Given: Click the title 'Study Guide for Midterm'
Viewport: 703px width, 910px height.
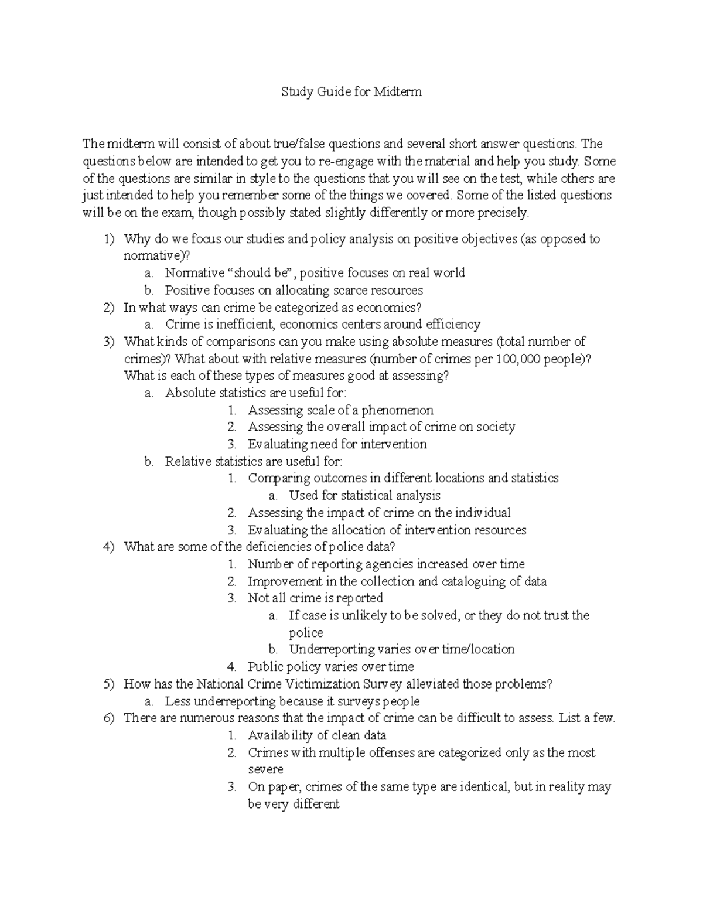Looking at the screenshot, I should pyautogui.click(x=351, y=92).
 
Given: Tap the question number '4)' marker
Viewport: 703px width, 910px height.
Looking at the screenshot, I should pyautogui.click(x=108, y=547).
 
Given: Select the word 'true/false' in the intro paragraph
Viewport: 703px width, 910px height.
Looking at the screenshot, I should pyautogui.click(x=298, y=144).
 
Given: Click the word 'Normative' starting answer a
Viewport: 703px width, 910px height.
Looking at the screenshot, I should pyautogui.click(x=194, y=273).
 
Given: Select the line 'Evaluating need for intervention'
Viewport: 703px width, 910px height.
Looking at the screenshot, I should pyautogui.click(x=337, y=444).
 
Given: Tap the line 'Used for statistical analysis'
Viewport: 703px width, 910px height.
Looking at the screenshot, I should pyautogui.click(x=364, y=495).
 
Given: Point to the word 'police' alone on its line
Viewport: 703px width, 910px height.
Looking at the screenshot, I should pyautogui.click(x=306, y=633).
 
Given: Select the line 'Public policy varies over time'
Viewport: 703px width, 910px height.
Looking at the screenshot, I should pyautogui.click(x=330, y=667).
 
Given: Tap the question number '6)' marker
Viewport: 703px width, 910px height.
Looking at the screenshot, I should pyautogui.click(x=108, y=718).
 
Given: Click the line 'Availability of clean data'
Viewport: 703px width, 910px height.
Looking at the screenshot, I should pyautogui.click(x=317, y=735).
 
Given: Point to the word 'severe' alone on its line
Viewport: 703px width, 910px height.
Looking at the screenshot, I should pyautogui.click(x=265, y=769).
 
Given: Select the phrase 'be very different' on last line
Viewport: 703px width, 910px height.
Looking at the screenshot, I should pyautogui.click(x=294, y=804).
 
